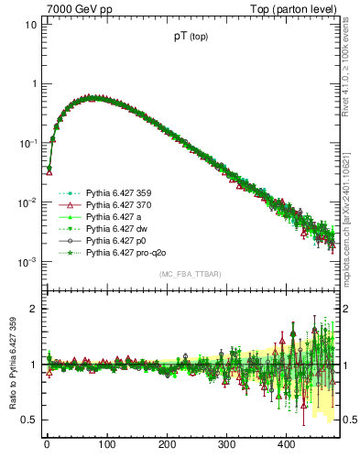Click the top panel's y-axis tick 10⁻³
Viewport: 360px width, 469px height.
click(x=27, y=262)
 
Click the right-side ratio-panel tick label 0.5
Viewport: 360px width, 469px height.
click(x=348, y=420)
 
